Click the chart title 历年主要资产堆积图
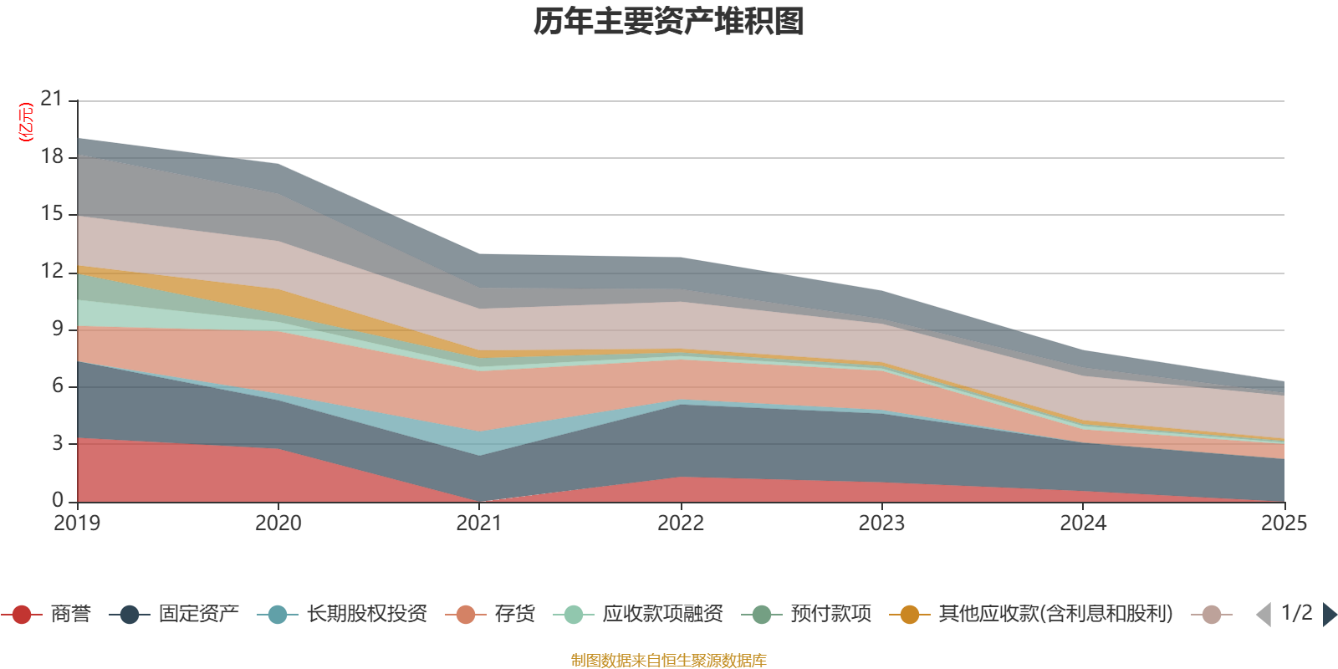click(668, 22)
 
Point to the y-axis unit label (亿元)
click(26, 122)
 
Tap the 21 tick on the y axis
click(51, 99)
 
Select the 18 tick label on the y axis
click(51, 156)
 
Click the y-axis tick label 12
click(51, 271)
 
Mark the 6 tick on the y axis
click(58, 386)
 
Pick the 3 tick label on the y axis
click(58, 443)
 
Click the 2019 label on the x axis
click(77, 523)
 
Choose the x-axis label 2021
click(479, 523)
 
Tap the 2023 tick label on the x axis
click(881, 523)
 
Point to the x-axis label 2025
click(1284, 523)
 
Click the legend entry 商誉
click(46, 614)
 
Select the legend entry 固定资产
click(174, 614)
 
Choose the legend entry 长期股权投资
click(342, 614)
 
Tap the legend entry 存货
click(490, 614)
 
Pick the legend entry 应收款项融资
click(638, 614)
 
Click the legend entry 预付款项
click(806, 614)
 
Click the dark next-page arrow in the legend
click(1330, 614)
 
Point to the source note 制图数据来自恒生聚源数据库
click(668, 660)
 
